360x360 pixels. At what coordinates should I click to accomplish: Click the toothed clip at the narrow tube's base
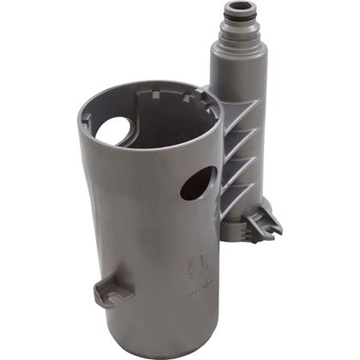pyautogui.click(x=262, y=225)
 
